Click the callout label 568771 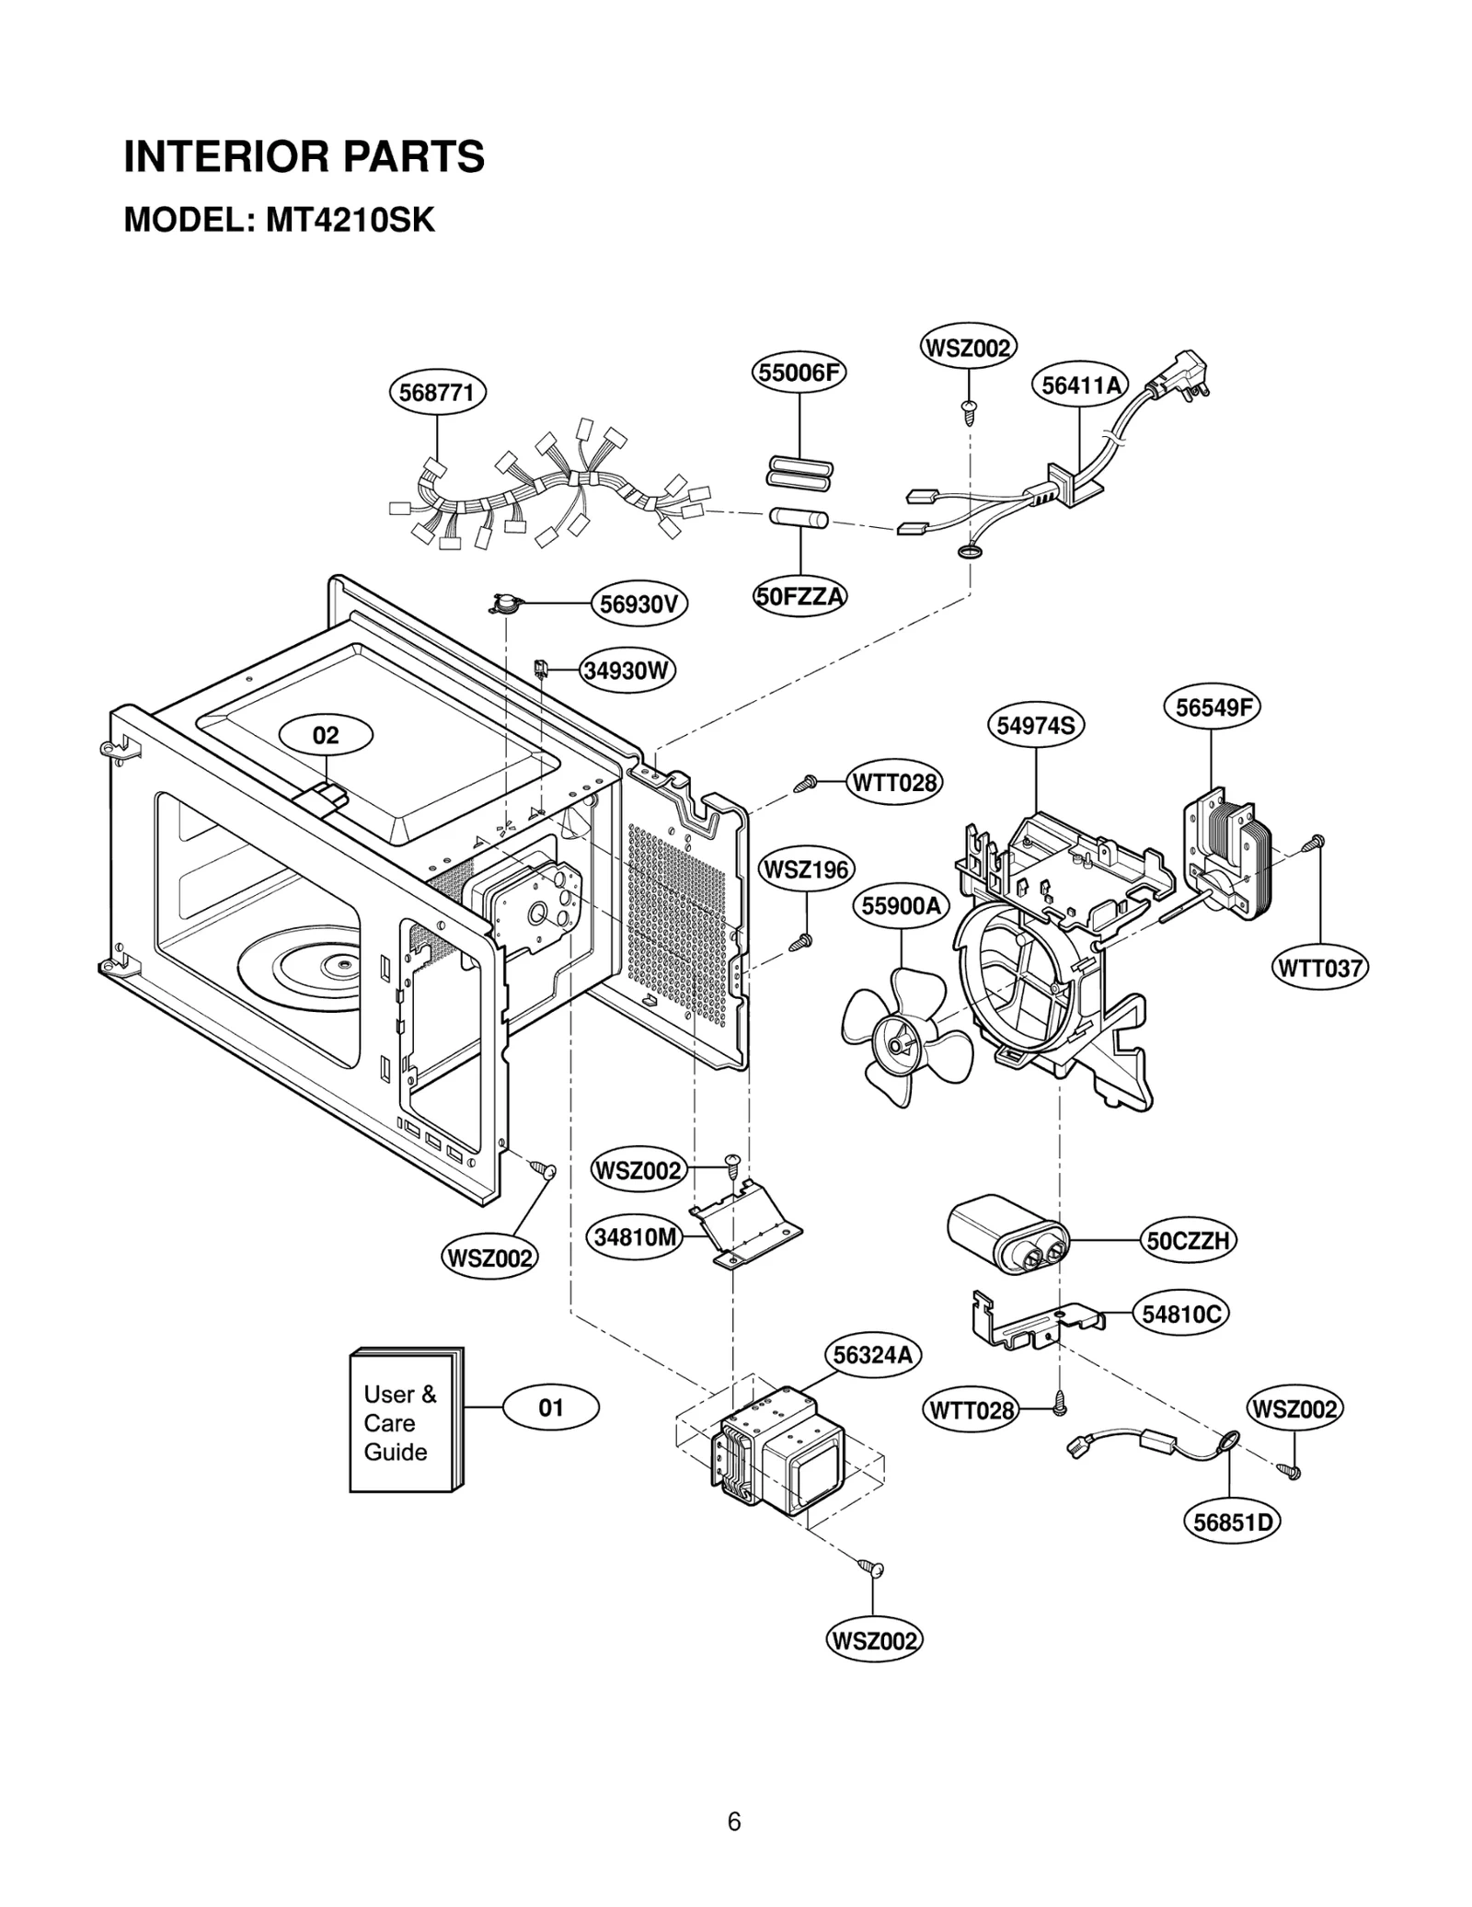click(x=437, y=393)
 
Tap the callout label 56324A click(x=872, y=1355)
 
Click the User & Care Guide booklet click(x=405, y=1422)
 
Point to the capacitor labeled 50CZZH click(x=1006, y=1235)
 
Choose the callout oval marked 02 click(x=326, y=735)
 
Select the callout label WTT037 click(x=1320, y=968)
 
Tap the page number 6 click(x=733, y=1821)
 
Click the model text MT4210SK click(x=350, y=221)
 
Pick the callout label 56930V click(x=638, y=604)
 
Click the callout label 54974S click(x=1036, y=726)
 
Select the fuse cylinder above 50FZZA click(x=799, y=519)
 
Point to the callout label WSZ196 click(x=806, y=869)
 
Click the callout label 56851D click(x=1231, y=1522)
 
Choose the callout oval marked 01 click(x=550, y=1407)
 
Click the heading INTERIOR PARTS click(x=304, y=156)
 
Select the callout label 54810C click(x=1181, y=1314)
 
